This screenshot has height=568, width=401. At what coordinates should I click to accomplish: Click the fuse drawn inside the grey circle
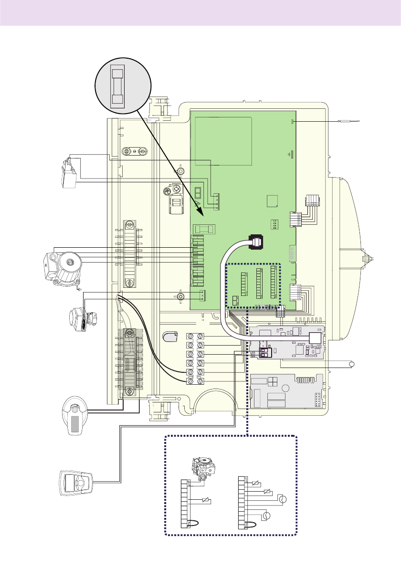coord(117,86)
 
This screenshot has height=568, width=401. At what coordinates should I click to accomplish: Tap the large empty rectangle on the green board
coord(222,140)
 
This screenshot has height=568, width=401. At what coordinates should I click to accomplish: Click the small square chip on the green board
coord(272,200)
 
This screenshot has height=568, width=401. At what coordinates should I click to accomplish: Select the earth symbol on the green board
coord(290,154)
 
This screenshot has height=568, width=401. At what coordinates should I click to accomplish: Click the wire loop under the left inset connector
coord(192,524)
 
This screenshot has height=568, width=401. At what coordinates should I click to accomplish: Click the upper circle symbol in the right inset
coord(282,500)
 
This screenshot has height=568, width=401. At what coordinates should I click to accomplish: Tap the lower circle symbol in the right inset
coord(267,515)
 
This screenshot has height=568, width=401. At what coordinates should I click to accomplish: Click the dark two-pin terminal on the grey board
coord(265,352)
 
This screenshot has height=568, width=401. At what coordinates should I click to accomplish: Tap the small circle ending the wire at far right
coord(353,365)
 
